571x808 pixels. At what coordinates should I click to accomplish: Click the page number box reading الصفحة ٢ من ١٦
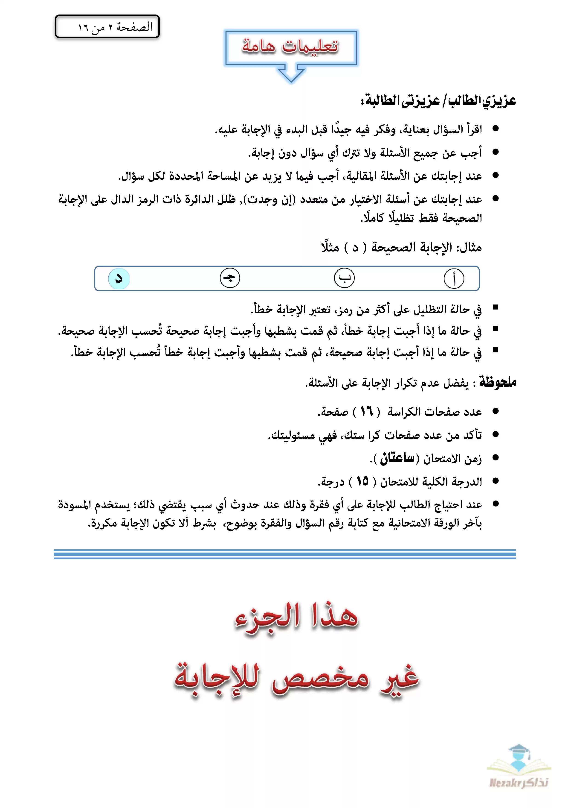coord(107,26)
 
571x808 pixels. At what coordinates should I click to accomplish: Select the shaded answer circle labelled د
coord(119,278)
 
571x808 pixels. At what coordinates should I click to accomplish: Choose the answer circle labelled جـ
coord(230,278)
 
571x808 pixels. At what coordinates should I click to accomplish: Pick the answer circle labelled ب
coord(344,278)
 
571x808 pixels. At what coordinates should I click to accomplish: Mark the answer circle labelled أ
coord(454,278)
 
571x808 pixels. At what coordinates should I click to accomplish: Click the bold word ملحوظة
coord(498,382)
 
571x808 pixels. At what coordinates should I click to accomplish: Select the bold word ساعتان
coord(397,458)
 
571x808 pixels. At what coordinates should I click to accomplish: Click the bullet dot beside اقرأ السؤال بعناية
coord(496,129)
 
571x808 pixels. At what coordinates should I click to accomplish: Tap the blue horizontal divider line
coord(285,554)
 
